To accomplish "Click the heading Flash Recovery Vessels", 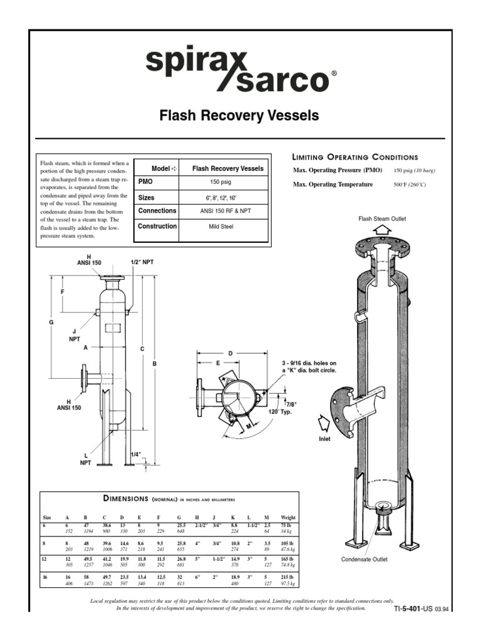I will (x=240, y=116).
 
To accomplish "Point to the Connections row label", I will (x=157, y=211).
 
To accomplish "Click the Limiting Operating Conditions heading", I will (x=355, y=157).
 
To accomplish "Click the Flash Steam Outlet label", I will (x=382, y=218).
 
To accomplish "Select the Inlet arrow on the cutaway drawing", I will (x=324, y=424).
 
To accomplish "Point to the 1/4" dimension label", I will (x=136, y=454).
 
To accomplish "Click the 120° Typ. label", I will (x=281, y=412).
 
